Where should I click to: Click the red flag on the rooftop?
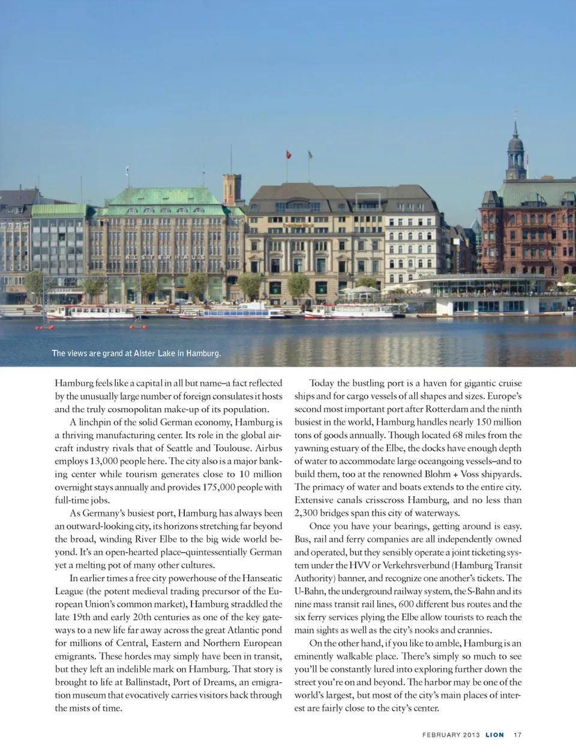pos(289,154)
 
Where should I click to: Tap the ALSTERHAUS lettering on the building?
pos(166,257)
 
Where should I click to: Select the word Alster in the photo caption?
pos(146,353)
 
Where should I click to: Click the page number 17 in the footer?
pos(517,735)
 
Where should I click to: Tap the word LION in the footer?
pos(495,735)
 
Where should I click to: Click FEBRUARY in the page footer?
pos(442,735)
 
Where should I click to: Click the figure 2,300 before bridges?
pos(309,513)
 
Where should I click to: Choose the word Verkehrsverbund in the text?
pos(416,565)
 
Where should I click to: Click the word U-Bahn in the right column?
pos(310,591)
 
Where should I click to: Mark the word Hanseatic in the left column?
pos(262,578)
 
